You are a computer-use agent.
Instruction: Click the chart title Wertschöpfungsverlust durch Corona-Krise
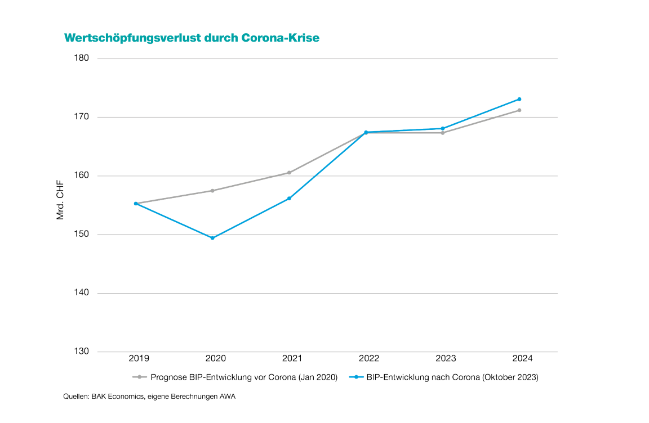[192, 38]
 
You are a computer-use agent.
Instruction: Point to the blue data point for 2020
[212, 238]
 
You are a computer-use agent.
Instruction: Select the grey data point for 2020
[212, 191]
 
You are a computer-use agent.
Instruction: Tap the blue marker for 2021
[289, 199]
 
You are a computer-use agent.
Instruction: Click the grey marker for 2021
[289, 173]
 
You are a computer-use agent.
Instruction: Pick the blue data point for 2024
[519, 99]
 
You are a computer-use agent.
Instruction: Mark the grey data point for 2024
[519, 110]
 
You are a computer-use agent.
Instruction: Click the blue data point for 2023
[442, 128]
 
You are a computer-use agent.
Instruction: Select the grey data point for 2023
[442, 133]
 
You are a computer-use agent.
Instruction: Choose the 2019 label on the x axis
[139, 358]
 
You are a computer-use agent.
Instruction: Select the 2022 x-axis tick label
[368, 358]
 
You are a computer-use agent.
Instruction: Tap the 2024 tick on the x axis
[522, 358]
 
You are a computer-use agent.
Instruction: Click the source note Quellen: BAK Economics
[149, 397]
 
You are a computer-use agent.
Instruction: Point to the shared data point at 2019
[136, 204]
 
